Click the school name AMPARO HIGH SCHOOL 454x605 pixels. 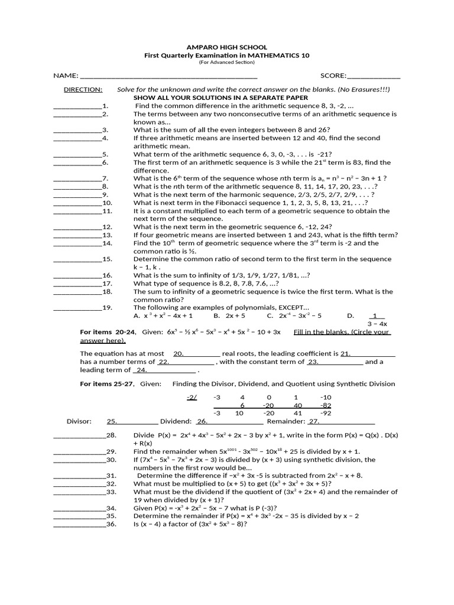[227, 47]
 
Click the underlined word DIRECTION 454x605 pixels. [83, 89]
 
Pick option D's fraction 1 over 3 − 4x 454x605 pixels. [377, 320]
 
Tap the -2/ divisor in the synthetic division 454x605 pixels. [192, 397]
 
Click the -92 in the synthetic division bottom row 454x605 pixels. [326, 414]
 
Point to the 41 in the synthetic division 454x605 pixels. [297, 414]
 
